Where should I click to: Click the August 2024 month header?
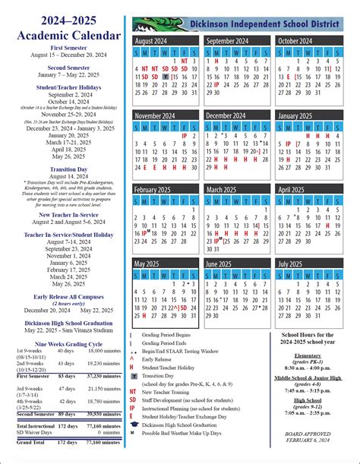(x=152, y=40)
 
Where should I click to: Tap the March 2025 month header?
(x=222, y=189)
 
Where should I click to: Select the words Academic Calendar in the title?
(x=68, y=35)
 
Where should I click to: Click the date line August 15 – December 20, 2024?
(x=68, y=55)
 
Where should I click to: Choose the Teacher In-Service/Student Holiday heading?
(x=68, y=235)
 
